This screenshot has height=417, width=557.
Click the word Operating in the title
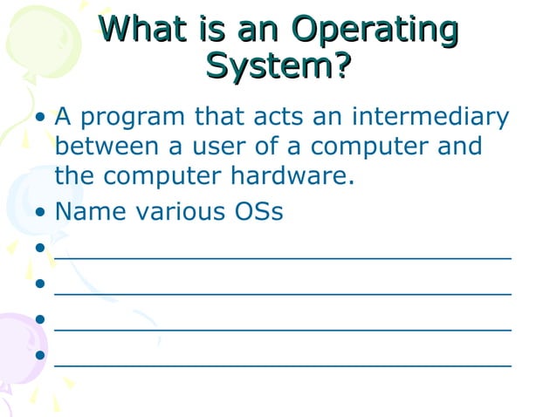(x=375, y=31)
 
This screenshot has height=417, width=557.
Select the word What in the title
(x=142, y=31)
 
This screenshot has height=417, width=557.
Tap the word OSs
(x=258, y=212)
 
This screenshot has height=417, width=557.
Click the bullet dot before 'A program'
(x=41, y=118)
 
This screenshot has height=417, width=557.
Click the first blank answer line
(x=282, y=257)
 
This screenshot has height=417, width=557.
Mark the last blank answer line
(x=282, y=364)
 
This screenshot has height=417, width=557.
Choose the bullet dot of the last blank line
(x=41, y=355)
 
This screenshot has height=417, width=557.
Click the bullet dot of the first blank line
(x=41, y=249)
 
